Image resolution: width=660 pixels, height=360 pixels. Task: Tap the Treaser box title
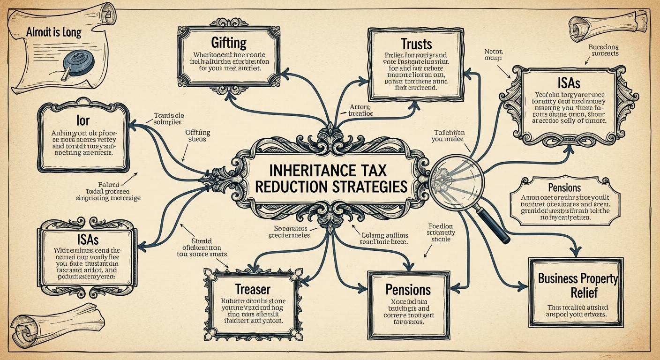click(253, 289)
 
